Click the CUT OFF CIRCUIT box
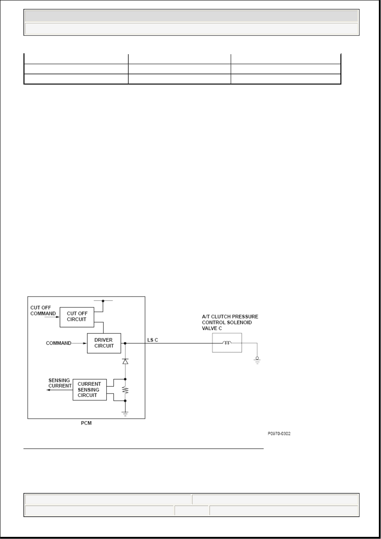(x=77, y=317)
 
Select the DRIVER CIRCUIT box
(x=104, y=343)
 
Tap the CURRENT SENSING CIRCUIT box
(x=90, y=390)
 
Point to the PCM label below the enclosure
(x=86, y=423)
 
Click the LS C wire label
(x=153, y=340)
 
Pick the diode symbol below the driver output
(x=125, y=361)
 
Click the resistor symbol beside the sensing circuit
(x=125, y=390)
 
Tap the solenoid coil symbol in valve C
(x=227, y=343)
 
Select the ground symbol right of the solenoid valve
(x=257, y=360)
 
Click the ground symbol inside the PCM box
(x=125, y=414)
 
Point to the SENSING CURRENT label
(x=60, y=383)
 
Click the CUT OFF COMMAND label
(x=43, y=310)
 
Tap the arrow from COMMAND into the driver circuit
(x=79, y=343)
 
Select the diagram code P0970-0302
(x=279, y=433)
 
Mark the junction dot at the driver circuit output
(x=125, y=343)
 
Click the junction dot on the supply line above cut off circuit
(x=103, y=301)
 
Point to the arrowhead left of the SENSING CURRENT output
(x=48, y=390)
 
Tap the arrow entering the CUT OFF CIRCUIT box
(x=52, y=317)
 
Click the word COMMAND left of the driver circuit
(x=58, y=343)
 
